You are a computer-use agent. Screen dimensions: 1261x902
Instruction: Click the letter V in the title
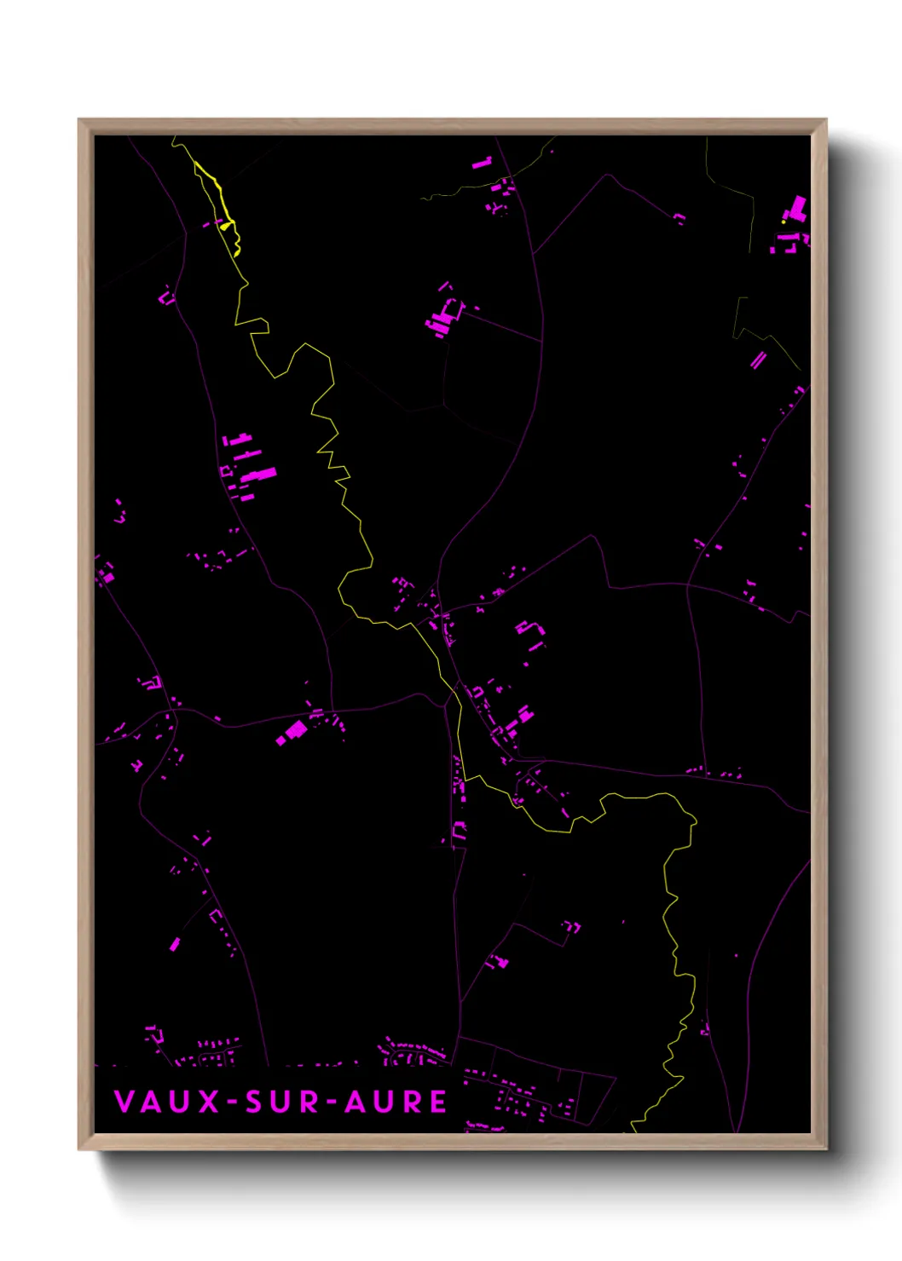tap(124, 1102)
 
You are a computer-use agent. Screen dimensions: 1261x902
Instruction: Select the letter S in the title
tap(254, 1102)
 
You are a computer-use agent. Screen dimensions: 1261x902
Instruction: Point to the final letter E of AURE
tap(437, 1102)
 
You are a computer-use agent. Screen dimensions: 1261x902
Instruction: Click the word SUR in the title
tap(282, 1102)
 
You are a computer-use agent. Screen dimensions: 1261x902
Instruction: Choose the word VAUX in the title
tap(166, 1102)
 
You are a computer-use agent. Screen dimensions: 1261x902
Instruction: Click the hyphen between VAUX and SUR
tap(232, 1103)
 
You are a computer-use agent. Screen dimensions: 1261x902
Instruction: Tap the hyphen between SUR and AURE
tap(332, 1103)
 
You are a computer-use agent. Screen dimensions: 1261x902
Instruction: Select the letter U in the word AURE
tap(383, 1102)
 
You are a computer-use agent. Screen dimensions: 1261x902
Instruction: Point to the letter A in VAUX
tap(152, 1102)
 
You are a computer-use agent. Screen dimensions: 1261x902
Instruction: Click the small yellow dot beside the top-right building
tap(783, 222)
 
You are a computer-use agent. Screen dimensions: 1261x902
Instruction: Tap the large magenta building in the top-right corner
tap(797, 209)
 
